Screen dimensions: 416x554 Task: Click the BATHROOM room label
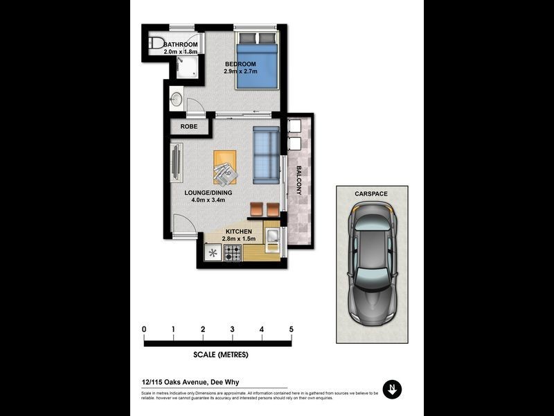[x=180, y=44]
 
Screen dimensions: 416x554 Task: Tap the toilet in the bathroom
[x=156, y=43]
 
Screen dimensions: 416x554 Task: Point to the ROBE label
[x=188, y=127]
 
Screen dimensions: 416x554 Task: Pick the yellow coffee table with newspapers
[x=225, y=166]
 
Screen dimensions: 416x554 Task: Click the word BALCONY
[x=300, y=180]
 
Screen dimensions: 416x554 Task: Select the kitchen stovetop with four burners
[x=232, y=252]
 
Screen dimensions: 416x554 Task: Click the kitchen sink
[x=271, y=236]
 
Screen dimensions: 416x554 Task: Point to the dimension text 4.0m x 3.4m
[x=208, y=200]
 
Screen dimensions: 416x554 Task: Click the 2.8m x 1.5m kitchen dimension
[x=238, y=239]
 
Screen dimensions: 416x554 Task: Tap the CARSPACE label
[x=372, y=195]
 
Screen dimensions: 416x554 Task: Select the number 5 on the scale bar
[x=291, y=329]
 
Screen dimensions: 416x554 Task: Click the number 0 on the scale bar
[x=144, y=329]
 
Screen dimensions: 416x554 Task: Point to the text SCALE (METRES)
[x=220, y=355]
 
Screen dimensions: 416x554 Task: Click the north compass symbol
[x=392, y=388]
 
